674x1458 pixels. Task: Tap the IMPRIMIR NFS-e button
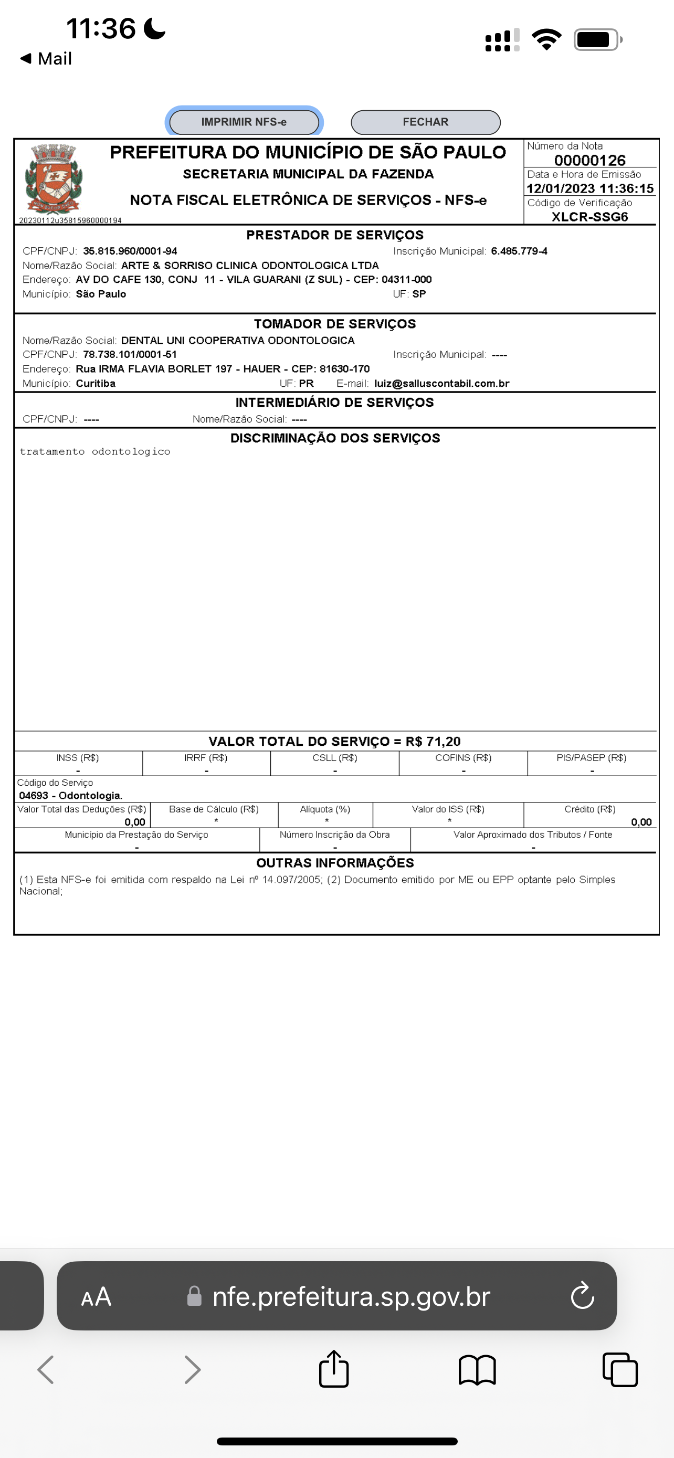click(244, 122)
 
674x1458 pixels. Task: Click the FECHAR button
click(426, 122)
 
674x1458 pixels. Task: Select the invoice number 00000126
click(589, 160)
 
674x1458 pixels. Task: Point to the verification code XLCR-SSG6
click(589, 217)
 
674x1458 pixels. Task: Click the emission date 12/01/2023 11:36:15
click(589, 188)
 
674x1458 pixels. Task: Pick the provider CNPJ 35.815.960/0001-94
click(130, 251)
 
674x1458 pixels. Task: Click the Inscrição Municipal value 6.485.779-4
click(519, 251)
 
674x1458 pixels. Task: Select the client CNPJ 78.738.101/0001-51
click(130, 354)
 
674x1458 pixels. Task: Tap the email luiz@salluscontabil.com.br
click(441, 383)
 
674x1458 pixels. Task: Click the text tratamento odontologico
click(95, 451)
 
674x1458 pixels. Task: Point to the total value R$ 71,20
click(433, 742)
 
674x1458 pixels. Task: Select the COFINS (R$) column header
click(463, 758)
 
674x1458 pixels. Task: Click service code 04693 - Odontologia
click(71, 795)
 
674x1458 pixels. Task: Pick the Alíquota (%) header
click(325, 809)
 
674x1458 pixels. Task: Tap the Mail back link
click(46, 58)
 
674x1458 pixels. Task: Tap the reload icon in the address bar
click(582, 1296)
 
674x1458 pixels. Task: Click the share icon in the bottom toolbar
click(334, 1370)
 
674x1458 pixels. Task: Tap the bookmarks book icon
click(477, 1370)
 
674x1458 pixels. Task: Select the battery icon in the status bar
click(597, 39)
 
